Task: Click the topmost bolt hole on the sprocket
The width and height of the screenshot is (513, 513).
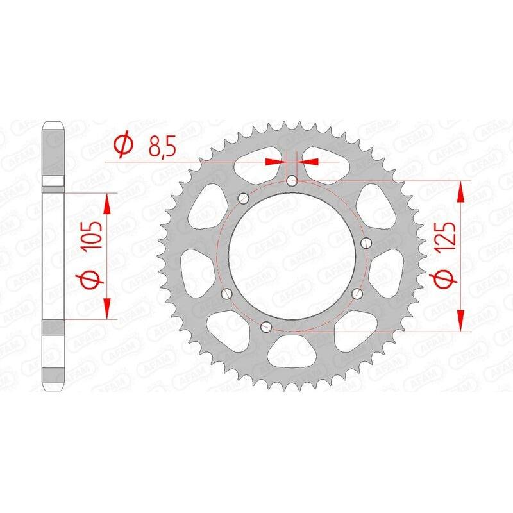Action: click(x=292, y=181)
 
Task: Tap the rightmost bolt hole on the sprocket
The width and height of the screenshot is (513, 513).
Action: click(x=366, y=242)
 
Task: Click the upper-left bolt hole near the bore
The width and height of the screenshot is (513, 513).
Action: click(x=244, y=198)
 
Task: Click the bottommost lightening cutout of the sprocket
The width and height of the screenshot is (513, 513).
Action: click(x=291, y=352)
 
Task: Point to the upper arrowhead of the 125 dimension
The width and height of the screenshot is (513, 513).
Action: click(x=460, y=190)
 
